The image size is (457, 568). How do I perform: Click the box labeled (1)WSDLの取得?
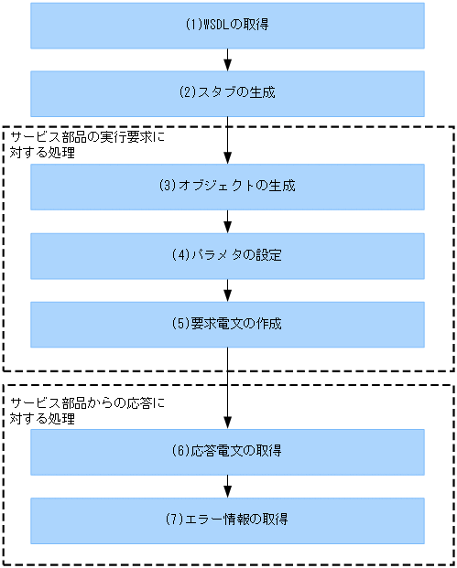pos(227,25)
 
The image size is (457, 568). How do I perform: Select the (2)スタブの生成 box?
pos(227,92)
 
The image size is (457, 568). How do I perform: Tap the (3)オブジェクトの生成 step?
pos(227,187)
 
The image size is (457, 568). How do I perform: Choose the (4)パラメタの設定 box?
pos(227,255)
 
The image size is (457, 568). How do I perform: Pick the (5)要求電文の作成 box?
pos(227,324)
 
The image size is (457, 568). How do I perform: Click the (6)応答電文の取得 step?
pos(227,452)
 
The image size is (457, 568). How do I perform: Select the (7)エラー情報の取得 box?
pos(227,520)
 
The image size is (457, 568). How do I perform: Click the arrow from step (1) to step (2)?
pos(227,59)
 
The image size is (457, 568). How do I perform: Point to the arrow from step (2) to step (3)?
pos(227,139)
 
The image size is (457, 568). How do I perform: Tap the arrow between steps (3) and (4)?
pos(227,220)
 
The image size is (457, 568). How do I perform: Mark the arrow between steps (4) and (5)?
pos(227,289)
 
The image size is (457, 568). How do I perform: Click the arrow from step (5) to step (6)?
pos(227,388)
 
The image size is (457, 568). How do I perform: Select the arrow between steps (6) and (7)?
pos(227,486)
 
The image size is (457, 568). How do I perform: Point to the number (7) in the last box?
pos(175,520)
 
